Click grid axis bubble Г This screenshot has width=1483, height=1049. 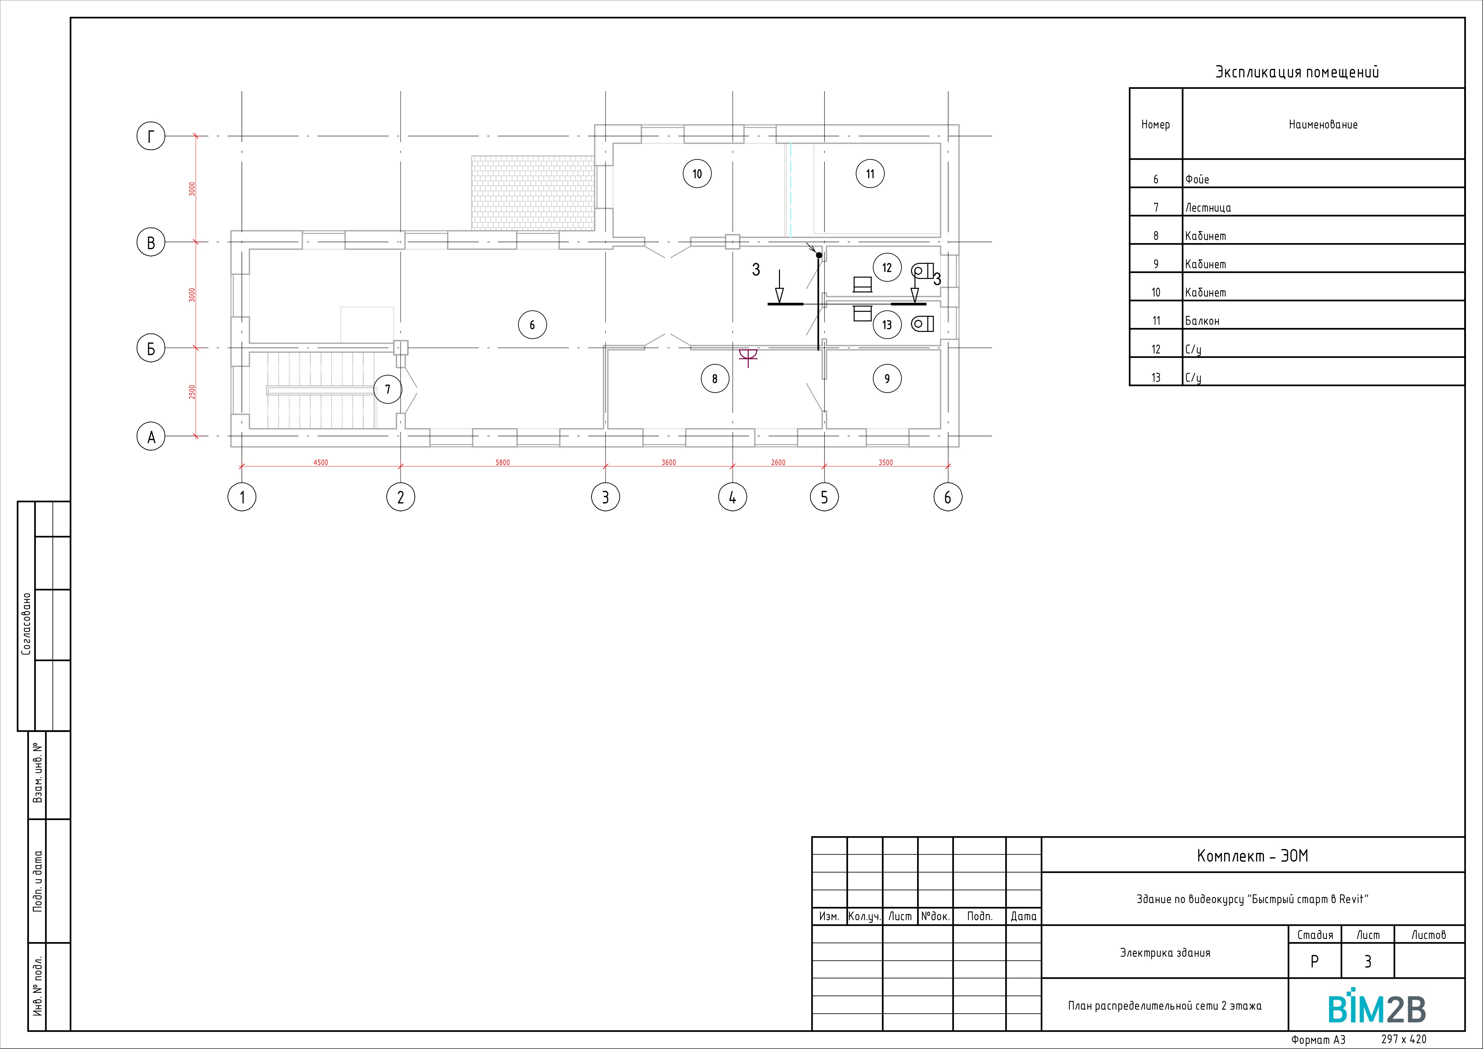(151, 136)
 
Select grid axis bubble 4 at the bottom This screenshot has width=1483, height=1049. (732, 497)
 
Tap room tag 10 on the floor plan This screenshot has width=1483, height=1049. (697, 174)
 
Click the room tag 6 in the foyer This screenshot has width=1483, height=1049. (532, 325)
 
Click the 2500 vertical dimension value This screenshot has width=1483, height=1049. (192, 391)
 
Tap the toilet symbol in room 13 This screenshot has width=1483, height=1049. (923, 324)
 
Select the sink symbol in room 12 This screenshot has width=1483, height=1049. (862, 284)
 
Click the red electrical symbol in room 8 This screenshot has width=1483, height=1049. (748, 356)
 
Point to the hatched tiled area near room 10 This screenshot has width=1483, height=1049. (533, 193)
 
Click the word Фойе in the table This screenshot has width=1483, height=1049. (1197, 180)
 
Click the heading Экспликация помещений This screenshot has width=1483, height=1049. (1297, 72)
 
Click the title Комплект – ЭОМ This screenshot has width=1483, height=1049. (1253, 856)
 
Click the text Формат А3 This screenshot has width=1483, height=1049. (1318, 1039)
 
